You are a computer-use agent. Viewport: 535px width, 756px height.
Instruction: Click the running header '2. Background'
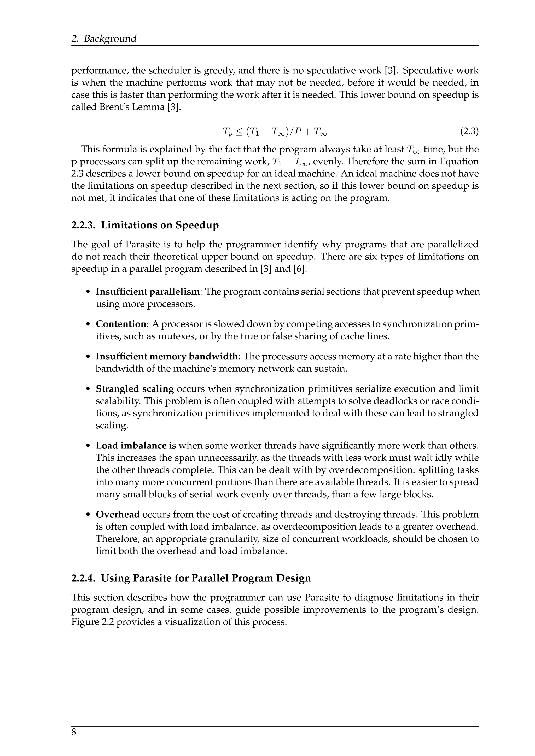(104, 39)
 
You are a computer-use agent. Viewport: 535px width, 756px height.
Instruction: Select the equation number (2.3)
(469, 132)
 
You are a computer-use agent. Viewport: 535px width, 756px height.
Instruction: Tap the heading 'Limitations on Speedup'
(160, 225)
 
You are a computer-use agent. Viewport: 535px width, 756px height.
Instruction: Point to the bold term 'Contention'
(121, 324)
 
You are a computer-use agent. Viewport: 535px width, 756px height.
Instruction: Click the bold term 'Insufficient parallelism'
(148, 292)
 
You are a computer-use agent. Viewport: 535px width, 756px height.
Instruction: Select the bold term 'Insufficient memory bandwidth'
(167, 356)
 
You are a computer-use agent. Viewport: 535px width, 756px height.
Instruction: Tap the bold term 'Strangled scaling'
(135, 389)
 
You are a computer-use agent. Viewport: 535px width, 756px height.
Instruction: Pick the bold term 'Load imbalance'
(131, 446)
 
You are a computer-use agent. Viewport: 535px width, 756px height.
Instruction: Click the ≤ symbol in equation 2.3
(239, 132)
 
